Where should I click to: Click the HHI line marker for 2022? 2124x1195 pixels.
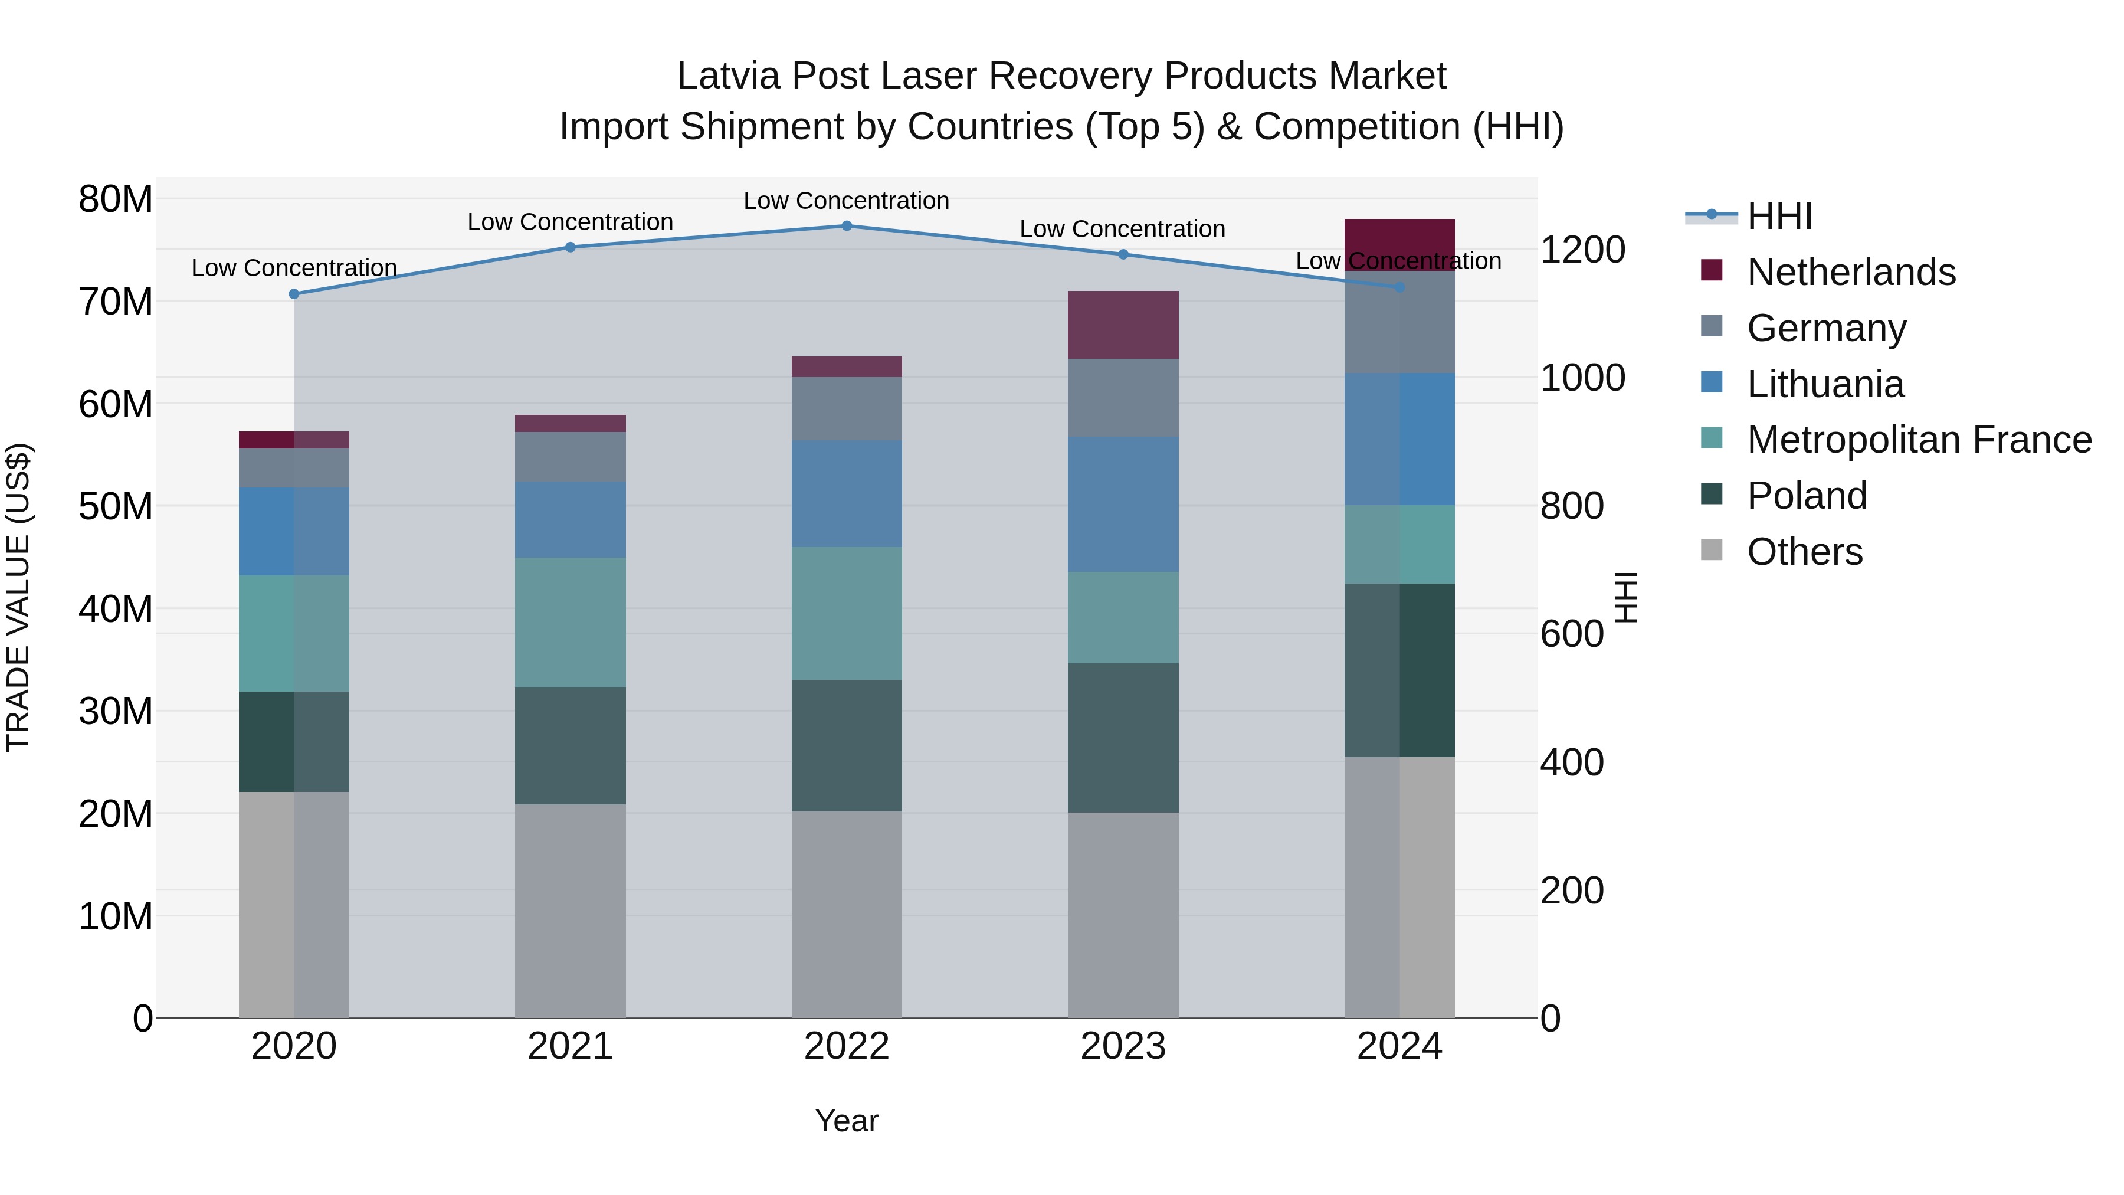pyautogui.click(x=846, y=226)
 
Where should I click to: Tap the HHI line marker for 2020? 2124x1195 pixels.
pyautogui.click(x=294, y=294)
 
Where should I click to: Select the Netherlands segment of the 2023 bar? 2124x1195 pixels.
pyautogui.click(x=1122, y=325)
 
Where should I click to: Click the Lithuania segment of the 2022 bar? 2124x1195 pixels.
pyautogui.click(x=846, y=493)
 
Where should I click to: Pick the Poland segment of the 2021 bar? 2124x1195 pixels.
pyautogui.click(x=570, y=745)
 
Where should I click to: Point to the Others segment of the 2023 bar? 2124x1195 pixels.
pyautogui.click(x=1122, y=915)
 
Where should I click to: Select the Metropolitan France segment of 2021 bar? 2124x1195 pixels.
pyautogui.click(x=570, y=623)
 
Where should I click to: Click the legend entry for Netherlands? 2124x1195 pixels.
pyautogui.click(x=1850, y=272)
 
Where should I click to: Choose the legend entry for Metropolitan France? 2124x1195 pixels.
pyautogui.click(x=1919, y=440)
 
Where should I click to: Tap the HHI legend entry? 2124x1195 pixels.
pyautogui.click(x=1778, y=216)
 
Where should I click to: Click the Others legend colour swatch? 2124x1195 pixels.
pyautogui.click(x=1711, y=550)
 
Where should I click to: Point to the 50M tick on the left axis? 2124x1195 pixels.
pyautogui.click(x=116, y=506)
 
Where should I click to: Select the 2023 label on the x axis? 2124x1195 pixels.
pyautogui.click(x=1122, y=1046)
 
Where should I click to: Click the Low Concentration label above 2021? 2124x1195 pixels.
pyautogui.click(x=570, y=222)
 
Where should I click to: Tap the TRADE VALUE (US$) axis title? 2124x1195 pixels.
pyautogui.click(x=18, y=597)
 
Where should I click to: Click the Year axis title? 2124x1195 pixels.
pyautogui.click(x=846, y=1121)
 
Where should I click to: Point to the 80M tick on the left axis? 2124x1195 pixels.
pyautogui.click(x=116, y=199)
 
